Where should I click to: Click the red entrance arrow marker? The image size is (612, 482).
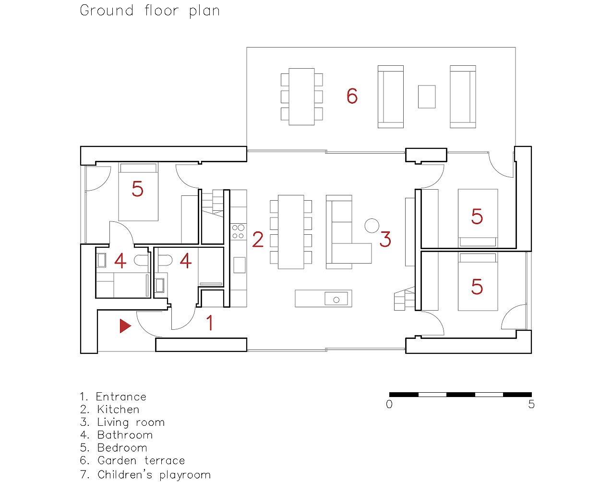coord(125,326)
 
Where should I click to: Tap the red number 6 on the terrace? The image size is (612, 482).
coord(352,96)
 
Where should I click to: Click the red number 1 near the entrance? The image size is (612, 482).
coord(210,323)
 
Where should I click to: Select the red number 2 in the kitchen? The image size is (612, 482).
coord(258,239)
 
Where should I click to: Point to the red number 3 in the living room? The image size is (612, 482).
coord(385,239)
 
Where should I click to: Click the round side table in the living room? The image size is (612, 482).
coord(372,226)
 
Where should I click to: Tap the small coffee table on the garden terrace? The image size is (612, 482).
coord(427,97)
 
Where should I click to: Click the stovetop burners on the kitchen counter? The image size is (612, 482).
coord(238,231)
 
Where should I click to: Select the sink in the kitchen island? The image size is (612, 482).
coord(336,299)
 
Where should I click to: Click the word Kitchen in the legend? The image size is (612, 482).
coord(118,410)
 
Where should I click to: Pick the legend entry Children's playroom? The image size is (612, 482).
coord(154,475)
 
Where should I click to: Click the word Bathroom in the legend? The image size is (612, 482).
coord(125,435)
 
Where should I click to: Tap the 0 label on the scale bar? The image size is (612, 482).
coord(389,404)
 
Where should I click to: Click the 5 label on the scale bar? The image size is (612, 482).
coord(531,404)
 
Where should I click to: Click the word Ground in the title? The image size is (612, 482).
coord(107,11)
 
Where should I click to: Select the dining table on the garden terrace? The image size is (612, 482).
coord(302,97)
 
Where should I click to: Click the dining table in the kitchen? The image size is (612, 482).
coord(291,232)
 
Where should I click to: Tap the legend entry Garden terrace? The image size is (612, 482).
coord(141,460)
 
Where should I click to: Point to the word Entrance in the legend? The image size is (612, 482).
coord(121,397)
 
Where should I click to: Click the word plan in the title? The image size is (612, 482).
coord(204,12)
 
